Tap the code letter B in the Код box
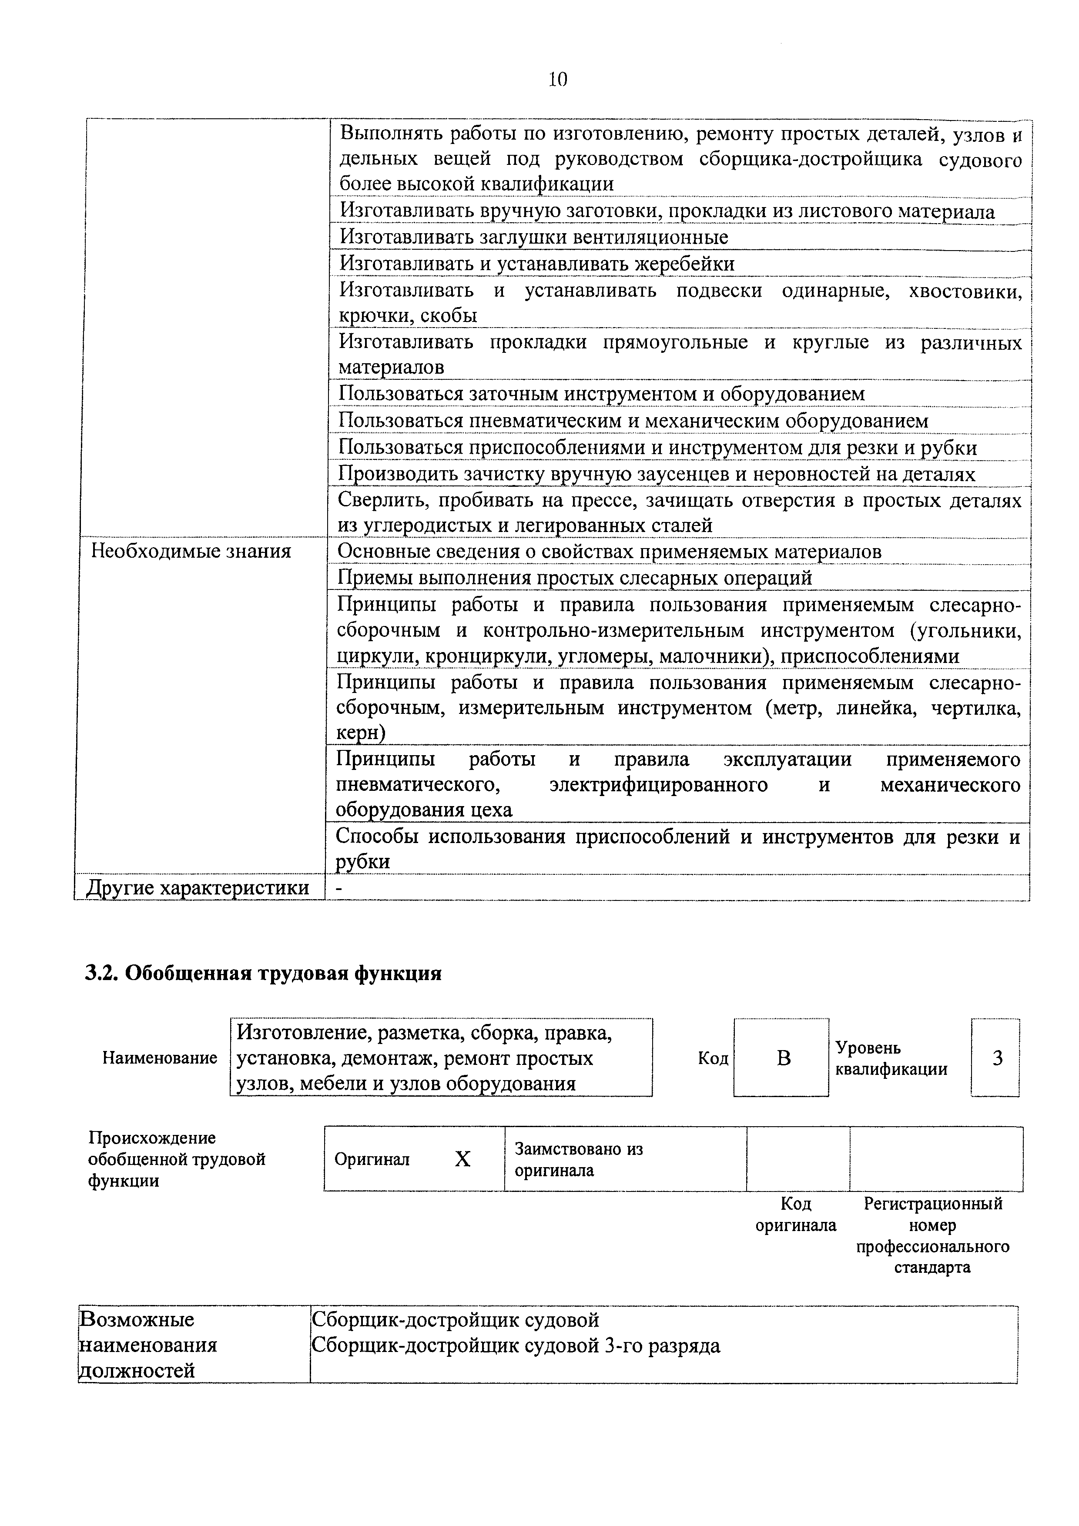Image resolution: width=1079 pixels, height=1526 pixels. tap(784, 1058)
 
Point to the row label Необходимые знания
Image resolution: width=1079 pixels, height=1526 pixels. tap(191, 551)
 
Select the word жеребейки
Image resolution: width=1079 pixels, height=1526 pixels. tap(685, 264)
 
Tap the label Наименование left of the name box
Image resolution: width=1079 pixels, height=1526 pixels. tap(160, 1058)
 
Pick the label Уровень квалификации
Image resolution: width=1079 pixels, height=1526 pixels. tap(891, 1058)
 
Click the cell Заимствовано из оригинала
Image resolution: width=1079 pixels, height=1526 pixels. tap(578, 1160)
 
